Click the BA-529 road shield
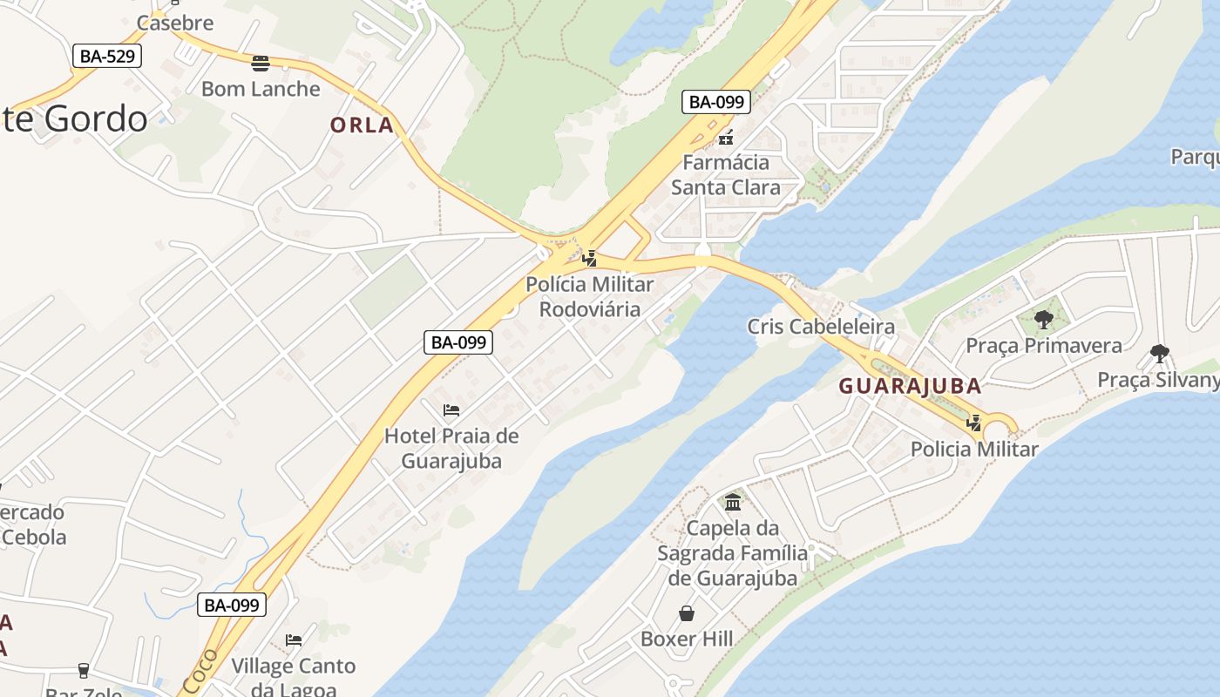point(106,57)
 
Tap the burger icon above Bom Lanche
point(260,63)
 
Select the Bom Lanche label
point(261,89)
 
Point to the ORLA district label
point(362,125)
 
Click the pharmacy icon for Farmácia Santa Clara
point(726,137)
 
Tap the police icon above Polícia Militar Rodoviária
point(590,258)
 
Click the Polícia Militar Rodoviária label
point(590,296)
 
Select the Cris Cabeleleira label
point(821,327)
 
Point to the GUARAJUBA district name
point(910,386)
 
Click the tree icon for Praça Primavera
point(1043,320)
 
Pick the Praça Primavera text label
point(1044,346)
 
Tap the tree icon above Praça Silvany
point(1159,354)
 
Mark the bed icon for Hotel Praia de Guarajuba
point(451,409)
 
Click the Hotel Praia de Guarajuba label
point(451,448)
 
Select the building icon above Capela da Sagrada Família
point(733,503)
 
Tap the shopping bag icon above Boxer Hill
point(687,613)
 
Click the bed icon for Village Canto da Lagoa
point(294,640)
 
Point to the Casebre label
point(175,24)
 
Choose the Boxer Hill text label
point(687,639)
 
